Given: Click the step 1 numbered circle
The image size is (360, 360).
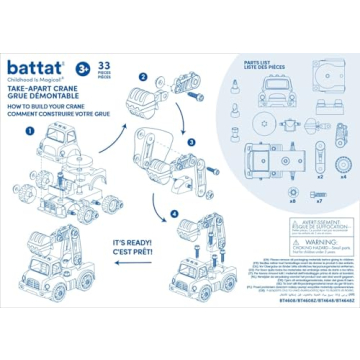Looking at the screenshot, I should click(30, 130).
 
